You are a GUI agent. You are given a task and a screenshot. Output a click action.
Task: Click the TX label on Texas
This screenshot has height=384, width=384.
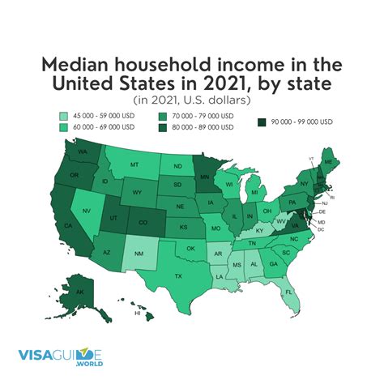pos(178,275)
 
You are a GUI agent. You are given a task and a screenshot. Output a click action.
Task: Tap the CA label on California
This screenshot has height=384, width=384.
pos(67,226)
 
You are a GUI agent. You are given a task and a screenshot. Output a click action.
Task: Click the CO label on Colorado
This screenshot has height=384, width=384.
pos(144,220)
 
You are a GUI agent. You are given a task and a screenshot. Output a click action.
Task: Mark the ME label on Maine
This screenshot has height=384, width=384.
pos(327,162)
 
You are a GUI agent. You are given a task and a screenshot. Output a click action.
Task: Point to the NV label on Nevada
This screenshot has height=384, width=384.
pos(87,210)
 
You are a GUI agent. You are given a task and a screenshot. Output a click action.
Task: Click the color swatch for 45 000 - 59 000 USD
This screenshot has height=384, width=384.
pos(64,116)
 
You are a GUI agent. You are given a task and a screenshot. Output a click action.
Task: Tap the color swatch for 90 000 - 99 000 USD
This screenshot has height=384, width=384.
pos(262,122)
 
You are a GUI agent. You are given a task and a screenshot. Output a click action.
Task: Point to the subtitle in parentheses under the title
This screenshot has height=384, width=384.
pos(191,100)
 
